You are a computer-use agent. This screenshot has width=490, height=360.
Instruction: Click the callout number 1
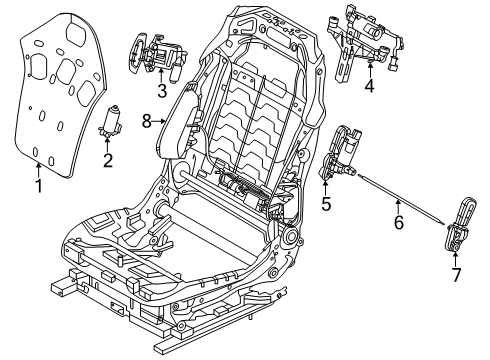coord(39,186)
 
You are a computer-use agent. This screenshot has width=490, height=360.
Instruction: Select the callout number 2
coord(108,160)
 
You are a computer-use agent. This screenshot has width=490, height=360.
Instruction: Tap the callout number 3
coord(162,91)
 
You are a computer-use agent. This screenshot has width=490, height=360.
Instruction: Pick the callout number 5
coord(326,204)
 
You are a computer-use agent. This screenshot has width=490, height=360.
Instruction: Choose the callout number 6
coord(399,222)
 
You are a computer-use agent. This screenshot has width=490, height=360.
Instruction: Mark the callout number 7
coord(456,275)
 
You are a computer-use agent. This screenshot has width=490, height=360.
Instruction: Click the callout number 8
coord(147,121)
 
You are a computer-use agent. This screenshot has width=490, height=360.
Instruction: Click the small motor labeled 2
coord(109,122)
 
